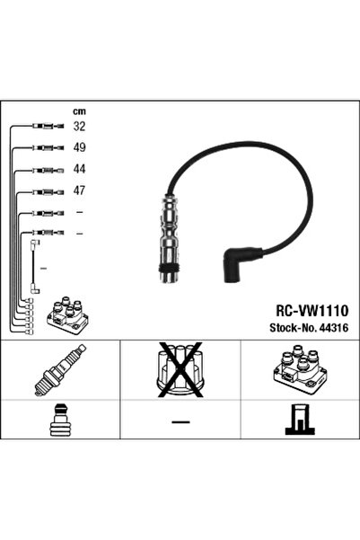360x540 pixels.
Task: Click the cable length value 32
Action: pyautogui.click(x=79, y=127)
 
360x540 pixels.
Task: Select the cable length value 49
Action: pyautogui.click(x=79, y=147)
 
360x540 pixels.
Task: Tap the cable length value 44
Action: pyautogui.click(x=79, y=169)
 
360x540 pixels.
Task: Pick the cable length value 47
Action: pyautogui.click(x=79, y=190)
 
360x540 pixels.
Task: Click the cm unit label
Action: pyautogui.click(x=79, y=111)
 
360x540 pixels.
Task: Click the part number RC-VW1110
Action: pyautogui.click(x=312, y=311)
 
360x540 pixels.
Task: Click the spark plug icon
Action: pyautogui.click(x=60, y=369)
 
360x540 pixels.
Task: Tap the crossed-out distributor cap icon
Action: pyautogui.click(x=180, y=370)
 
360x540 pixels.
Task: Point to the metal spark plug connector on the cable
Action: pyautogui.click(x=169, y=239)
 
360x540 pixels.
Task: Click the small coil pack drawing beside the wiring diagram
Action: pyautogui.click(x=67, y=314)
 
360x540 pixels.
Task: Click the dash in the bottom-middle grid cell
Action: pyautogui.click(x=180, y=421)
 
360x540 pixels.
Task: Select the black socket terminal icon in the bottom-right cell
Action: pyautogui.click(x=300, y=420)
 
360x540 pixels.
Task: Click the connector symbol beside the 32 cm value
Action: pyautogui.click(x=48, y=127)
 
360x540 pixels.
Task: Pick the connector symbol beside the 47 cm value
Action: pyautogui.click(x=48, y=191)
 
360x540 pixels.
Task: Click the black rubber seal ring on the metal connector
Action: pyautogui.click(x=169, y=269)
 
